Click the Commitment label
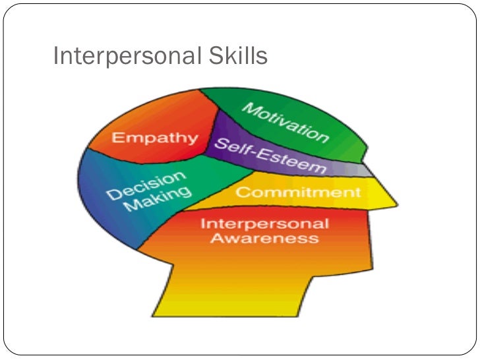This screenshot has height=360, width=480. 298,193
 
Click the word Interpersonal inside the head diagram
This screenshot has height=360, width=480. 264,222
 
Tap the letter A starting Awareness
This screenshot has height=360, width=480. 216,237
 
